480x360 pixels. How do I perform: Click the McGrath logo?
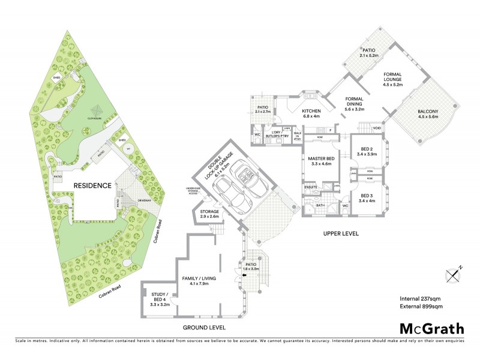pyautogui.click(x=432, y=328)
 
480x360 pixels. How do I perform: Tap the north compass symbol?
pyautogui.click(x=454, y=274)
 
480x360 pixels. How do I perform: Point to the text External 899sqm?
pyautogui.click(x=421, y=307)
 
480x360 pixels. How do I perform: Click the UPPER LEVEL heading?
pyautogui.click(x=340, y=234)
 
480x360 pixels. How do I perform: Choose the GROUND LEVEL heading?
pyautogui.click(x=205, y=328)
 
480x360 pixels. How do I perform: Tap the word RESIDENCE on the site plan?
pyautogui.click(x=92, y=185)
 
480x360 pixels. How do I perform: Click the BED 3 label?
pyautogui.click(x=367, y=199)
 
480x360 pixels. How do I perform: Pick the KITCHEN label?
pyautogui.click(x=312, y=114)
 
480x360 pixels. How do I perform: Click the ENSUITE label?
pyautogui.click(x=311, y=187)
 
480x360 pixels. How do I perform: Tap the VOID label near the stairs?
pyautogui.click(x=376, y=128)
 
